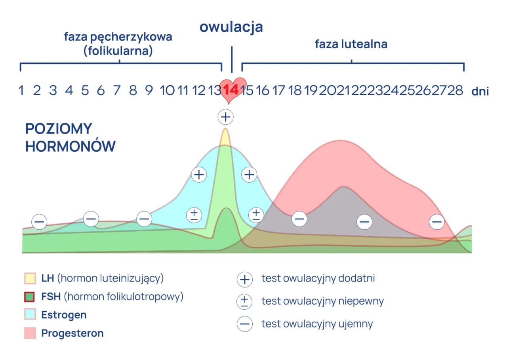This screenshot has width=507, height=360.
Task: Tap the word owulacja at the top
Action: click(x=231, y=27)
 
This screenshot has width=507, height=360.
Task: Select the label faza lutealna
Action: click(x=351, y=44)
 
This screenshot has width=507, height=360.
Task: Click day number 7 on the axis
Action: click(x=117, y=91)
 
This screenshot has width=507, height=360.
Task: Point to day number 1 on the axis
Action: click(x=21, y=91)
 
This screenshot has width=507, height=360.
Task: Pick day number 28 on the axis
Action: click(x=455, y=91)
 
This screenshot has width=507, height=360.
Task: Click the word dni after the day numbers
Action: click(x=480, y=91)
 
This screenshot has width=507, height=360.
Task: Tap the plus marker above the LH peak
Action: click(x=226, y=117)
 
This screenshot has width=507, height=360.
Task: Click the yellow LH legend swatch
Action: click(x=30, y=278)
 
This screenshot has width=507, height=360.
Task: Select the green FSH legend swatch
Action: click(x=30, y=297)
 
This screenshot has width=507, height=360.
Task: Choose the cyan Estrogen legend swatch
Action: click(x=30, y=315)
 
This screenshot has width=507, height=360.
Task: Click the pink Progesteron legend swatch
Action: click(x=30, y=333)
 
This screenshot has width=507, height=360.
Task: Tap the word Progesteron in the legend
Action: click(x=72, y=333)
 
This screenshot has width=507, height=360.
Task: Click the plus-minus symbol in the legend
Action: click(x=244, y=302)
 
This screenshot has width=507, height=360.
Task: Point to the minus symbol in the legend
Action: click(x=244, y=324)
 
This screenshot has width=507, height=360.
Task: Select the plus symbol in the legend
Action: click(x=244, y=279)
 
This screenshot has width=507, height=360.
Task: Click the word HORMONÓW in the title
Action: click(x=71, y=147)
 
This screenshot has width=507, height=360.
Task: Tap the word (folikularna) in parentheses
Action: click(x=118, y=51)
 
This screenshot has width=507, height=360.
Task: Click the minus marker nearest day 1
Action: click(x=39, y=221)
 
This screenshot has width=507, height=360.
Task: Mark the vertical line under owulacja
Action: click(x=232, y=59)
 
